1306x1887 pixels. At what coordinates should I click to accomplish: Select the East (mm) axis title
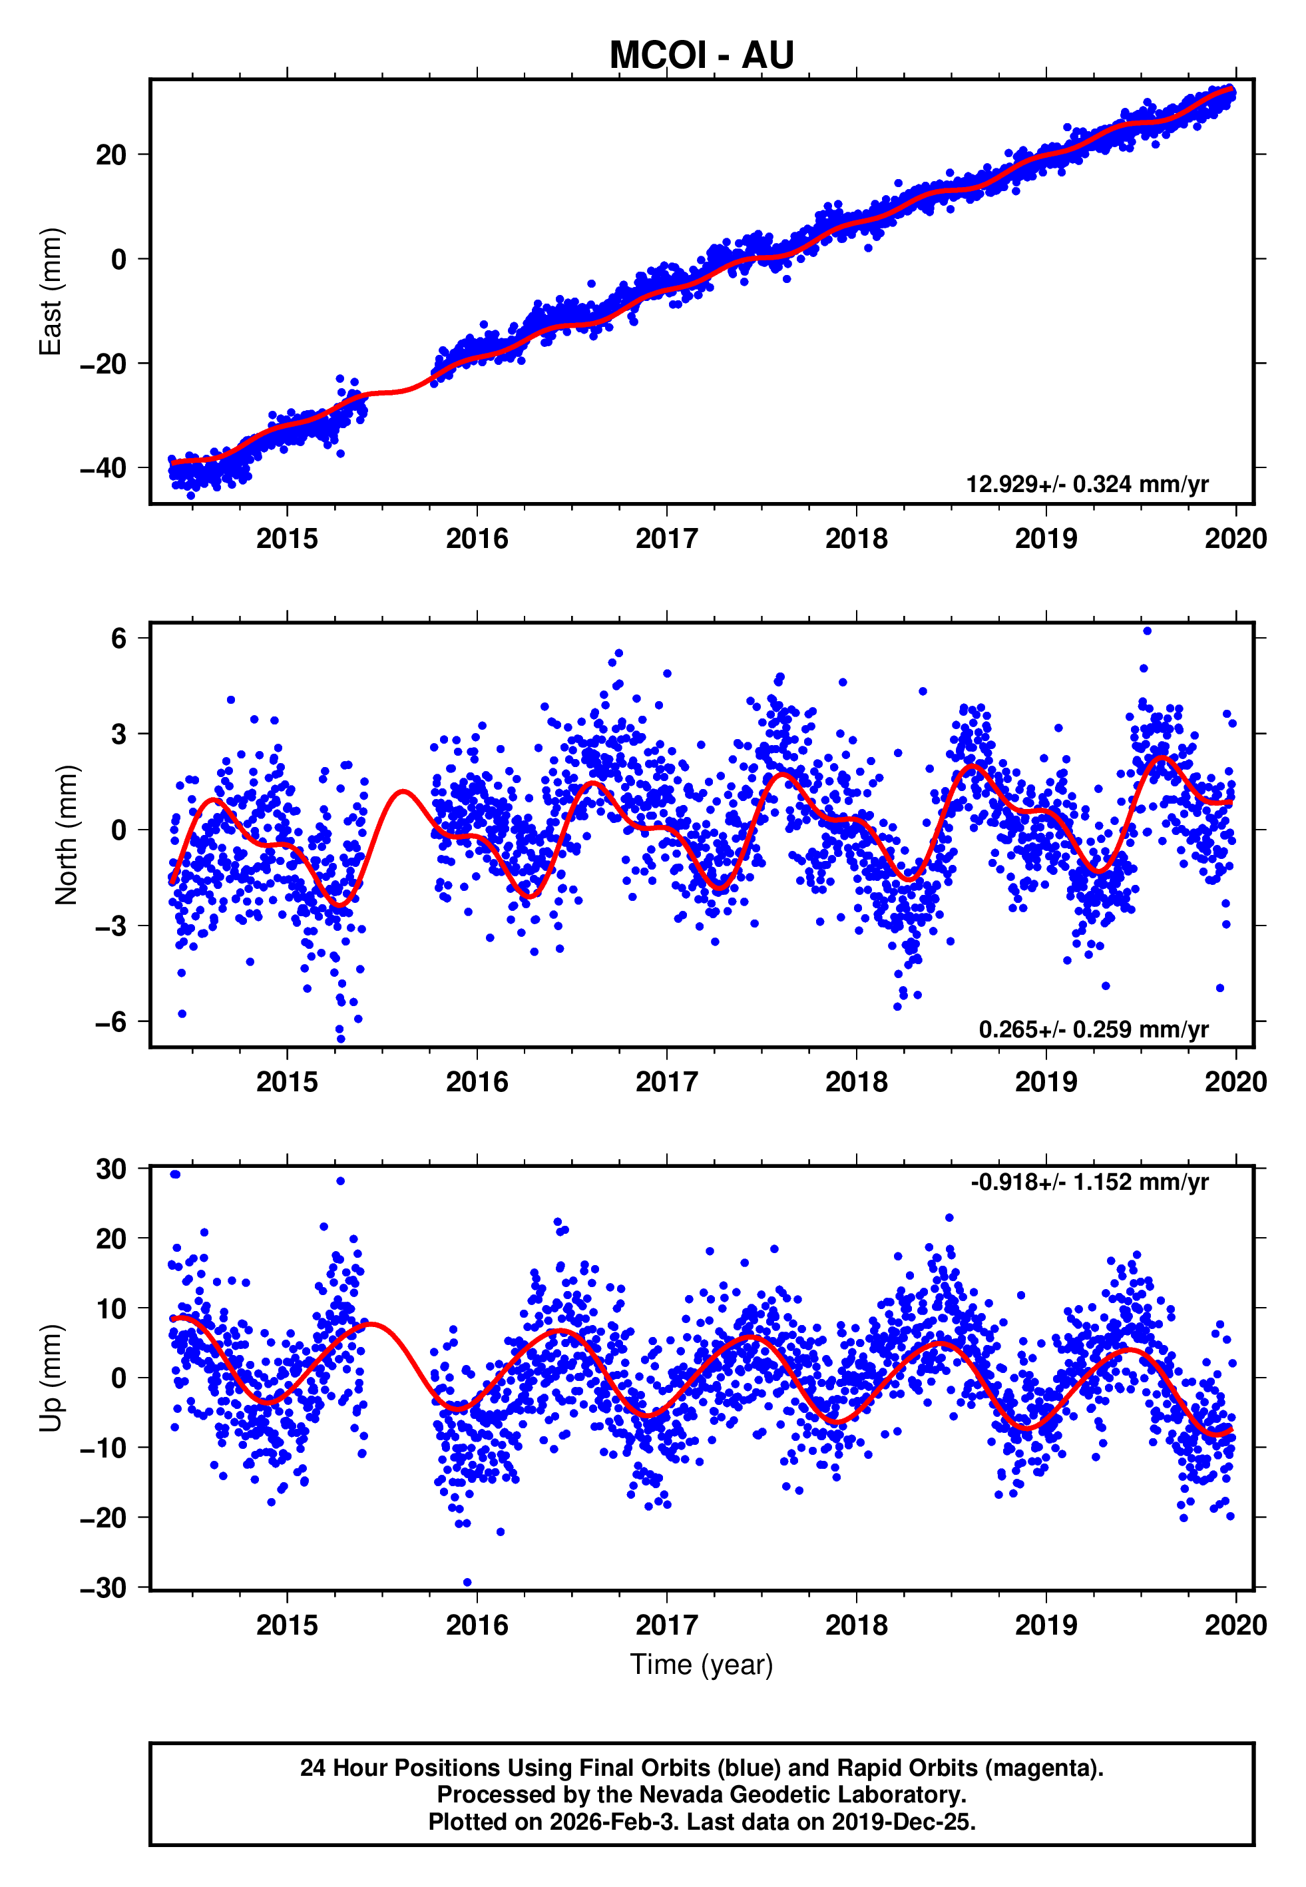[x=51, y=292]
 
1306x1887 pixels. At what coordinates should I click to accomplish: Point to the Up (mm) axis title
[x=51, y=1378]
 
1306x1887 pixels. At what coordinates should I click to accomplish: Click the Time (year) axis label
[x=702, y=1665]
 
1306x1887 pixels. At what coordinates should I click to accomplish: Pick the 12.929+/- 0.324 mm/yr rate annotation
[x=1087, y=485]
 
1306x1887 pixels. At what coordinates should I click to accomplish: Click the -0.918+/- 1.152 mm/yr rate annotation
[x=1089, y=1183]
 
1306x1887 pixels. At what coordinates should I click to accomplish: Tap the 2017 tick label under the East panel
[x=666, y=539]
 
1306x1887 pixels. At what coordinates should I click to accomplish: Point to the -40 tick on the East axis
[x=103, y=468]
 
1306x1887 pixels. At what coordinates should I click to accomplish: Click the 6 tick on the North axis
[x=118, y=639]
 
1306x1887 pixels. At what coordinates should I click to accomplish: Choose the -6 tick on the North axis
[x=110, y=1022]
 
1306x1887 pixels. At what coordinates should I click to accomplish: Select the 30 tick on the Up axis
[x=111, y=1169]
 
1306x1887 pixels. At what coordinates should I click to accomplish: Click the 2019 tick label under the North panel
[x=1046, y=1083]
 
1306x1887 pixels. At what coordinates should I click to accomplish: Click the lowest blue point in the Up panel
[x=467, y=1583]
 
